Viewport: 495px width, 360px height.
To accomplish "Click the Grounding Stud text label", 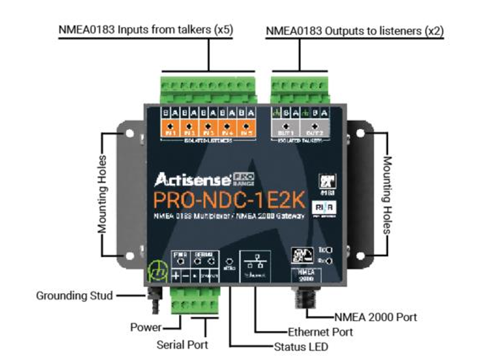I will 74,295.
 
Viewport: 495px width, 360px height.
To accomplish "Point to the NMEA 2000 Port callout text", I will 375,317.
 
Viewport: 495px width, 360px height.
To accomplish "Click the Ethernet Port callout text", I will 320,332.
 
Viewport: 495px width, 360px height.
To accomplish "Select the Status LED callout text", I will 301,347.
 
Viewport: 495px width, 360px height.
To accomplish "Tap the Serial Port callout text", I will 183,345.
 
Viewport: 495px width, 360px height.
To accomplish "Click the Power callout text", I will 146,327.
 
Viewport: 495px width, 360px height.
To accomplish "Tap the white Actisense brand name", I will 191,179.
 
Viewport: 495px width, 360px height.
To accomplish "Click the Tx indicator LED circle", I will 329,250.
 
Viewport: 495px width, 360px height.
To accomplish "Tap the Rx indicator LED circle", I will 329,260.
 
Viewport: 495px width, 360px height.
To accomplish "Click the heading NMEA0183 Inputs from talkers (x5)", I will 146,30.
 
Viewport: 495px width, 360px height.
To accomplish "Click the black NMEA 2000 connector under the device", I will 305,301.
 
